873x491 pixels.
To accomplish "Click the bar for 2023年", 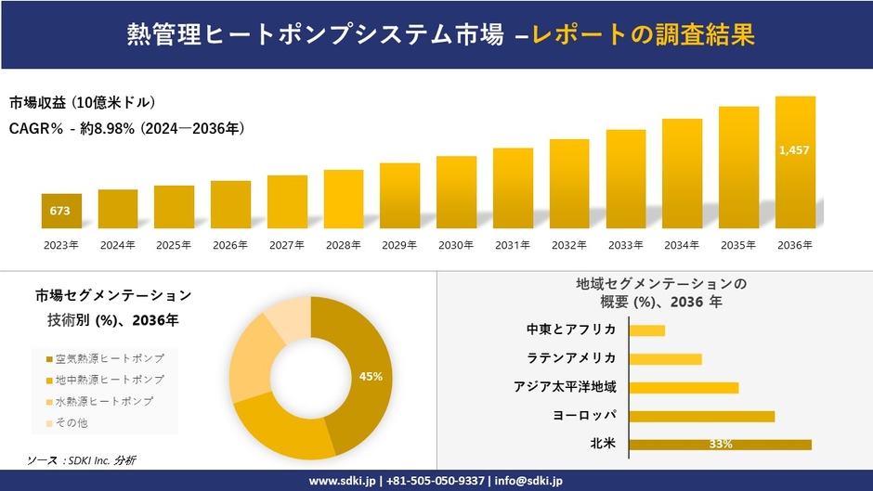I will click(x=61, y=211).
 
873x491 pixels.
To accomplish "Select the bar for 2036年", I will click(x=795, y=162).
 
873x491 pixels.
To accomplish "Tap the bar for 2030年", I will click(x=456, y=192).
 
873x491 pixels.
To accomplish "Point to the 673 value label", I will click(x=60, y=211).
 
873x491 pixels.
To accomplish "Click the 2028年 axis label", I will click(x=343, y=245).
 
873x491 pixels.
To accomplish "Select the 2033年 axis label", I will click(x=625, y=245).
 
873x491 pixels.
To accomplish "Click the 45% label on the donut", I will click(x=371, y=376).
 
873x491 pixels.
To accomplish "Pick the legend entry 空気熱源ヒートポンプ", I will click(x=110, y=358).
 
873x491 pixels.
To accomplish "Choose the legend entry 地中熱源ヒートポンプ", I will click(x=110, y=380).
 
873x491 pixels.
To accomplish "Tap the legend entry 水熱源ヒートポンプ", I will click(x=104, y=401).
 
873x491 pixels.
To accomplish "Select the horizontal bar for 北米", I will click(x=720, y=445).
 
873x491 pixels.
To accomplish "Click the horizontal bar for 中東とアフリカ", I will click(x=646, y=330).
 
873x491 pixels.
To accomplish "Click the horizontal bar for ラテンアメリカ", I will click(x=665, y=359).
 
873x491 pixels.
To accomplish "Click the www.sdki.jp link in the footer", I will click(x=341, y=481).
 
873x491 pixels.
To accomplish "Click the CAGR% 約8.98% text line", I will click(x=127, y=128).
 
